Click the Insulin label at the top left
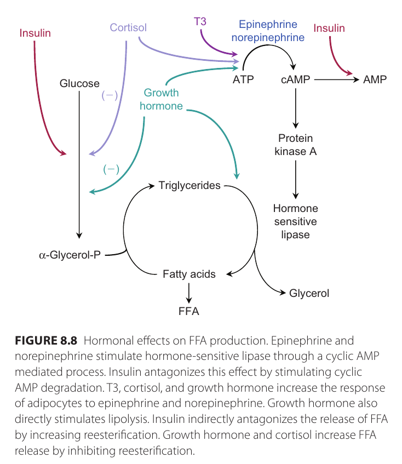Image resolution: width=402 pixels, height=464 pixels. pyautogui.click(x=35, y=33)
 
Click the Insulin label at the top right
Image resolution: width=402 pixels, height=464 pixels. pyautogui.click(x=329, y=28)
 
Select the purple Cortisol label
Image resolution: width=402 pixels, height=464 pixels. pyautogui.click(x=128, y=27)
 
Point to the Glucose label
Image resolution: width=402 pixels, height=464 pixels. pyautogui.click(x=79, y=84)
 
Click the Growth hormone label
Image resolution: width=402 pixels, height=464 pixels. pyautogui.click(x=161, y=100)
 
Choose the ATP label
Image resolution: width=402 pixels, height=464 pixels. pyautogui.click(x=243, y=80)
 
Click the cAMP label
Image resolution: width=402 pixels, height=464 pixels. pyautogui.click(x=295, y=80)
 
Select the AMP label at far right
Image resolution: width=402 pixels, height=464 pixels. pyautogui.click(x=375, y=80)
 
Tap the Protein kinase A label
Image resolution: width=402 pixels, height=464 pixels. pyautogui.click(x=296, y=145)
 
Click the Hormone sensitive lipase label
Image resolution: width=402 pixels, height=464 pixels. pyautogui.click(x=296, y=221)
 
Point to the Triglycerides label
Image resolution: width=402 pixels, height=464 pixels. pyautogui.click(x=189, y=185)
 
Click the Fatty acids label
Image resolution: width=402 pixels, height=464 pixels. pyautogui.click(x=189, y=274)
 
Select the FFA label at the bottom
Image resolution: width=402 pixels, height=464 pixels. pyautogui.click(x=189, y=312)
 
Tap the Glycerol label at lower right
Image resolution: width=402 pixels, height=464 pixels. pyautogui.click(x=309, y=293)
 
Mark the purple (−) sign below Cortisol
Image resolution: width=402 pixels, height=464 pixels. pyautogui.click(x=110, y=95)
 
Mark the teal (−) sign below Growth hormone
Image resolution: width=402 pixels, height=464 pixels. pyautogui.click(x=111, y=169)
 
